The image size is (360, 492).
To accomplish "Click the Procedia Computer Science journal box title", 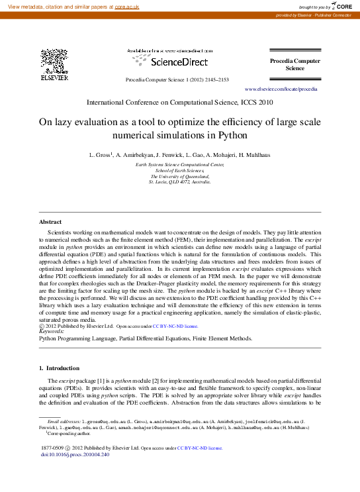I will [294, 64].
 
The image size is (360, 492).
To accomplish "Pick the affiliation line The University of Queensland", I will [180, 177].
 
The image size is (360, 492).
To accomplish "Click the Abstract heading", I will [50, 222].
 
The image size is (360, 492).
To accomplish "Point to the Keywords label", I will [52, 331].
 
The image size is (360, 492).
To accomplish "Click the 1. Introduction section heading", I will [60, 368].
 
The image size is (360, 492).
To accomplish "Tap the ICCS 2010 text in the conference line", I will [257, 103].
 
